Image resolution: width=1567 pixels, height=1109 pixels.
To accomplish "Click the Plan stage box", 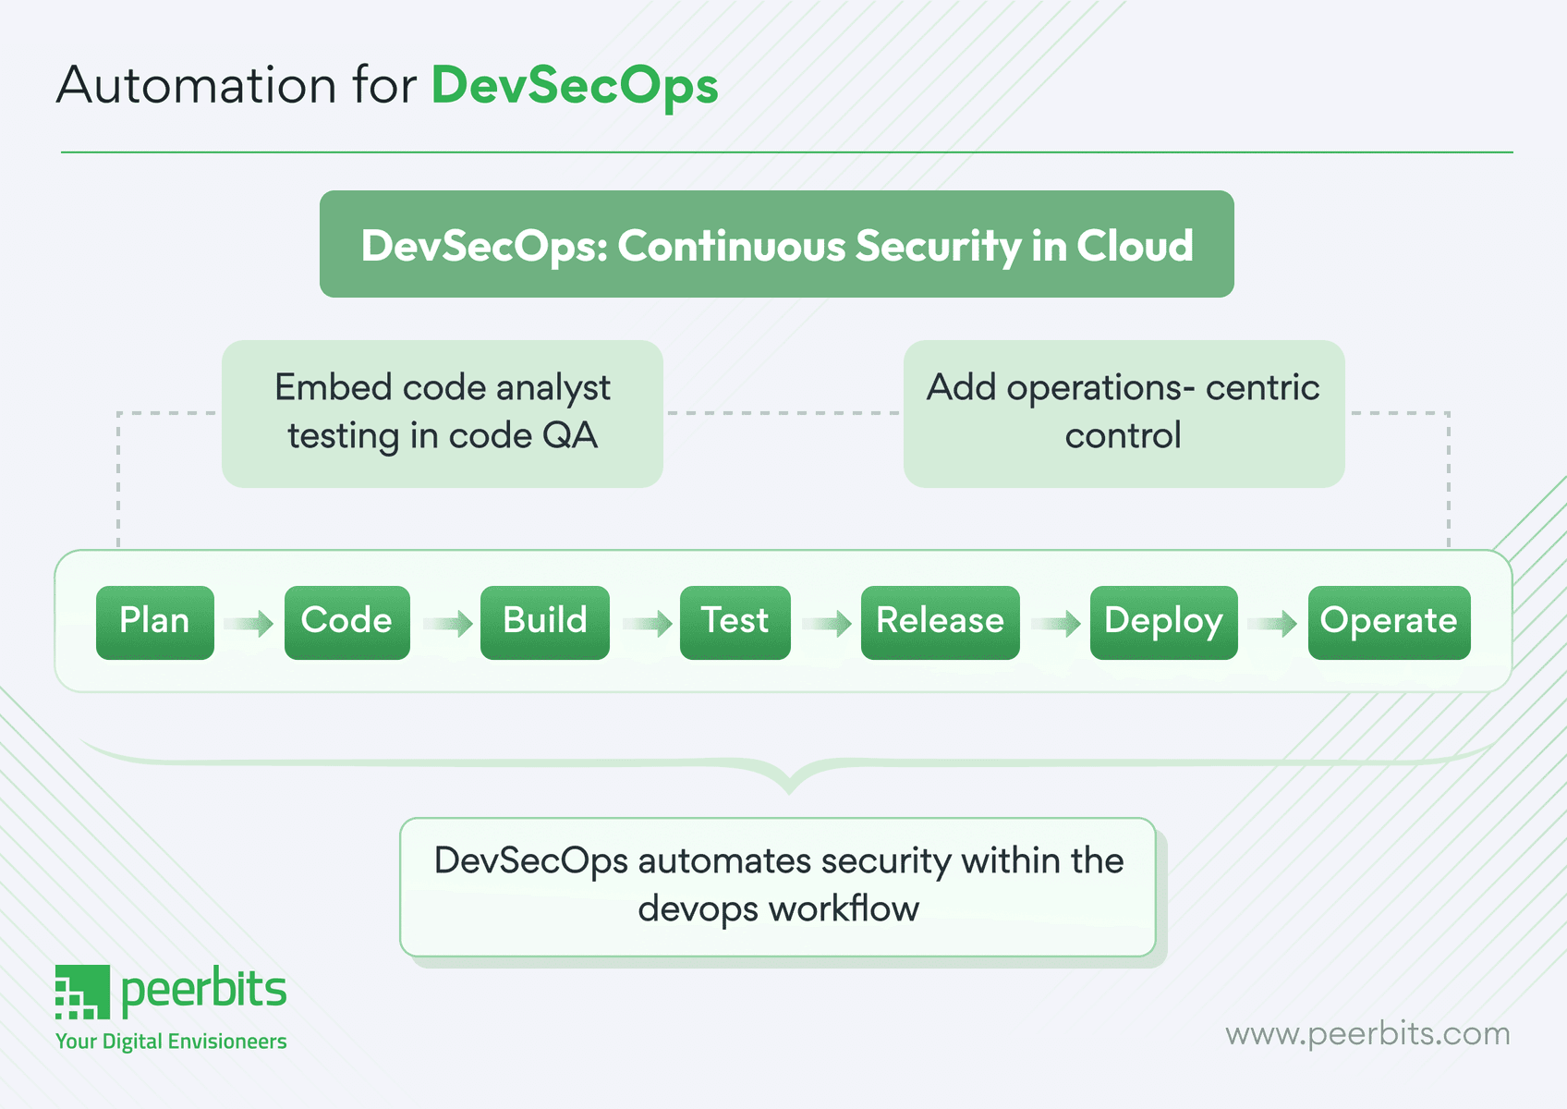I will (155, 622).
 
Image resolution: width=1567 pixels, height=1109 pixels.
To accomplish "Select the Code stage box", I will (346, 622).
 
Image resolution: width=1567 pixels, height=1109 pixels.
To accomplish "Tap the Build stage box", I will (544, 622).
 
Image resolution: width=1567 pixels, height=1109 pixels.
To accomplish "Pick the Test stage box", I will (735, 622).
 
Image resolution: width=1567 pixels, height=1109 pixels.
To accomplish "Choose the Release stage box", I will (940, 622).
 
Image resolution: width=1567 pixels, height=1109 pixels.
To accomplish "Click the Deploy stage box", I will (1163, 622).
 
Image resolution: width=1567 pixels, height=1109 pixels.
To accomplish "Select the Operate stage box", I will (1389, 622).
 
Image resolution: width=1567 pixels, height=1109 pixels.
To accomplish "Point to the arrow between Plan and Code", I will (249, 624).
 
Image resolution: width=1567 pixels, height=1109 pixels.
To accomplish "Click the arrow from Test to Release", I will (827, 624).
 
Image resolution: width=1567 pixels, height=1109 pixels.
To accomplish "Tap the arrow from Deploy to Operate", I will (1273, 624).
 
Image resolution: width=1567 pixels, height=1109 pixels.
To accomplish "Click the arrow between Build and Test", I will (647, 624).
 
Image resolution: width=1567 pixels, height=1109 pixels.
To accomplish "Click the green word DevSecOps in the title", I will (575, 86).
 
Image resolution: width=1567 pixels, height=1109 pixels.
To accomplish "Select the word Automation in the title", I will (196, 86).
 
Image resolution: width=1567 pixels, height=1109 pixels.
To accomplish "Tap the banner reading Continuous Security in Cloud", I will (776, 245).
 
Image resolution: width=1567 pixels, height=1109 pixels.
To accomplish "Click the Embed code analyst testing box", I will (443, 413).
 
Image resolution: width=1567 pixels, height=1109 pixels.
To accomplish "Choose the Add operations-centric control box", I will (1124, 413).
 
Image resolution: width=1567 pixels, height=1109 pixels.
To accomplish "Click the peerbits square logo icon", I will (82, 992).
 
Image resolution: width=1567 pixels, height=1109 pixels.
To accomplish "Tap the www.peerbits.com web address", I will (1367, 1033).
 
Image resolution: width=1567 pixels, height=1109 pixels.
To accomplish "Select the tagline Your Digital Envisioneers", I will (171, 1042).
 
